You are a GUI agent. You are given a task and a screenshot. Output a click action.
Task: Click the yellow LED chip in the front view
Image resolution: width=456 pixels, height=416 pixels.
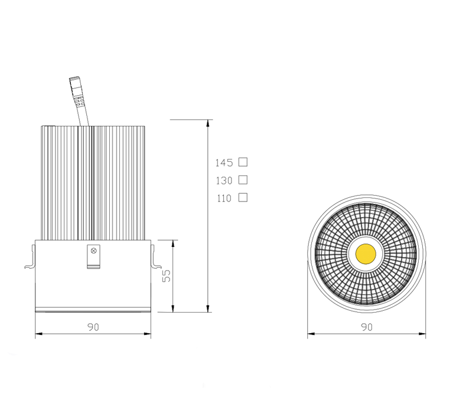(x=366, y=254)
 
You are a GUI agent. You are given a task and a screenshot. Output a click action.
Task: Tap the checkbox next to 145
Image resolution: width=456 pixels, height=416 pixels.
(x=243, y=162)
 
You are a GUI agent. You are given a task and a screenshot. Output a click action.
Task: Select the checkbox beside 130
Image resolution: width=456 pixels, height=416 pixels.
(x=243, y=180)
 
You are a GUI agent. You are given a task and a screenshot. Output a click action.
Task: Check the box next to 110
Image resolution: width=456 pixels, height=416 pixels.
(x=243, y=197)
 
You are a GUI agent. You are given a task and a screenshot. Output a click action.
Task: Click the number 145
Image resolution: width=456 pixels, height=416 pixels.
(x=224, y=162)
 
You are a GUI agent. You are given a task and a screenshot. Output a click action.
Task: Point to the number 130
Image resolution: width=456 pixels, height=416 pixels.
(x=224, y=181)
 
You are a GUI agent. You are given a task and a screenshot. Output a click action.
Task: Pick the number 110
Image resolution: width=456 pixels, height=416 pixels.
(x=224, y=199)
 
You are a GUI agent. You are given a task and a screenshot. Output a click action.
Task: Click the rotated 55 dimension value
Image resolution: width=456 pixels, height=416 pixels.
(x=167, y=275)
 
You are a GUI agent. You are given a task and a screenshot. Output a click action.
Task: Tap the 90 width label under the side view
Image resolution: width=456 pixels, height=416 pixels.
(x=93, y=327)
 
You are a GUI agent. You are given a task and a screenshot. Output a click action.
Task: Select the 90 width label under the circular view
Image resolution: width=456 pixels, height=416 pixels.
(x=367, y=327)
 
